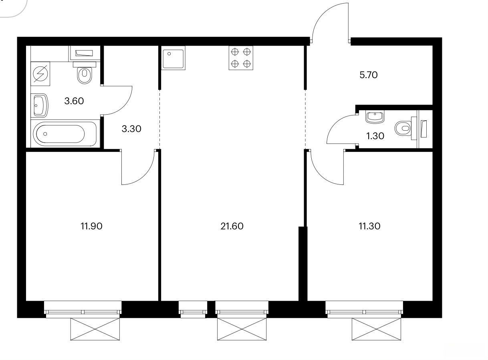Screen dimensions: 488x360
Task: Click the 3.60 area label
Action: (x=74, y=101)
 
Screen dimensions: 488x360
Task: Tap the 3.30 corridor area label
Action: (x=131, y=129)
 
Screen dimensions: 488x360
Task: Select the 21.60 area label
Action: (x=232, y=226)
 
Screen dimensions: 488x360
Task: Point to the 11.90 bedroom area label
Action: (x=91, y=226)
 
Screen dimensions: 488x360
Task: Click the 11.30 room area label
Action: (x=369, y=226)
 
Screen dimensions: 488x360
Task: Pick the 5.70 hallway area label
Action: (x=368, y=75)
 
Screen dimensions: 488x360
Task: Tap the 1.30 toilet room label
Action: (x=375, y=136)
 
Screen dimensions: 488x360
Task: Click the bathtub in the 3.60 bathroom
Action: (x=65, y=134)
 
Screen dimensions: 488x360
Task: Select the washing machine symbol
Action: (x=40, y=74)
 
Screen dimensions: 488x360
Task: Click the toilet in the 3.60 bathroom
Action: (x=85, y=73)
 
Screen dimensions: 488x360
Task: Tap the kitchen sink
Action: (x=173, y=58)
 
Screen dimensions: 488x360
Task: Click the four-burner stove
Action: (x=241, y=58)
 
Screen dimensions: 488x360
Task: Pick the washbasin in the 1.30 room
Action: (x=375, y=117)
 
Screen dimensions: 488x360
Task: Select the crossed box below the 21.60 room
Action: (x=242, y=329)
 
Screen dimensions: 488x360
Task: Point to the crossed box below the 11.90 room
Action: (x=95, y=329)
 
